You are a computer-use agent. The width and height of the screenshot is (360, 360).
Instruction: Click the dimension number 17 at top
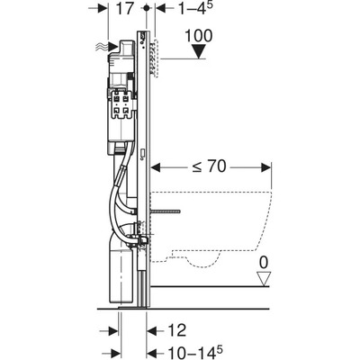124,9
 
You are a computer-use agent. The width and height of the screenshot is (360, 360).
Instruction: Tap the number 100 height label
198,36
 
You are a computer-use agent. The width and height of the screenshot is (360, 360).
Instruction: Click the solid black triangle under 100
198,51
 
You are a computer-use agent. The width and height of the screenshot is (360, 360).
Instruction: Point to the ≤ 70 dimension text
209,166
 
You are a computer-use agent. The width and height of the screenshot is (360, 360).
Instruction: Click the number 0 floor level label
264,263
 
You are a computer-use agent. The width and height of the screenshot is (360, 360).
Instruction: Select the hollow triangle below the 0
265,279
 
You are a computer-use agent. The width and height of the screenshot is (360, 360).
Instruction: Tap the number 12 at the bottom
177,330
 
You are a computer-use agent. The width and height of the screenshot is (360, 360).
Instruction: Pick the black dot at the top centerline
147,8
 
